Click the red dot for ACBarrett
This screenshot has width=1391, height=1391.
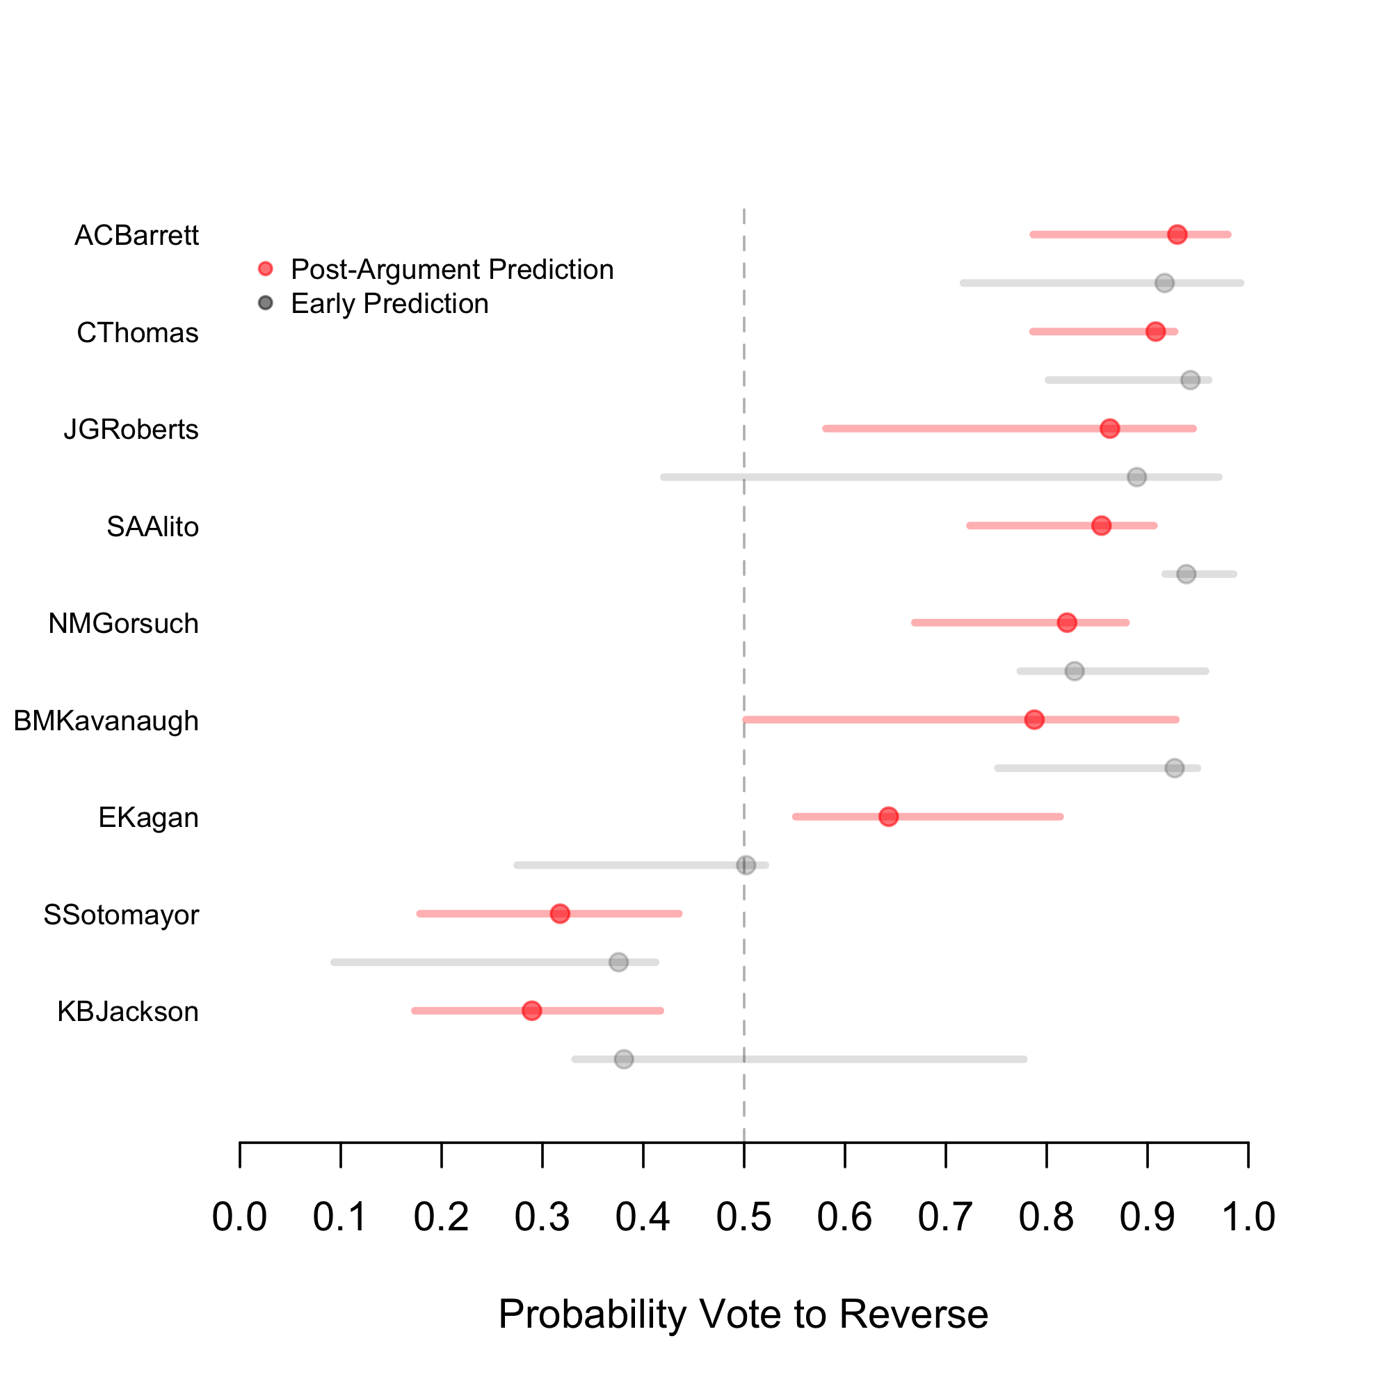1177,234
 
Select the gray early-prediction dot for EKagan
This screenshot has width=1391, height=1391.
746,865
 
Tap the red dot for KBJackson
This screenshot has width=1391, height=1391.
531,1011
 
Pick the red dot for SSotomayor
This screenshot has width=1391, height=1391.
559,914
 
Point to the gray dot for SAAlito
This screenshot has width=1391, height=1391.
1186,574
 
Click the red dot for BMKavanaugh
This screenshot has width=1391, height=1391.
1034,719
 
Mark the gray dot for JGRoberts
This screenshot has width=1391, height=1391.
1137,476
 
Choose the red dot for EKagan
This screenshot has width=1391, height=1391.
888,817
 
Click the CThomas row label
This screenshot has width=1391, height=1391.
138,332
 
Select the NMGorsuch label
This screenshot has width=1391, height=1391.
123,623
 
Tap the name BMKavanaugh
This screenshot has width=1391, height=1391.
106,721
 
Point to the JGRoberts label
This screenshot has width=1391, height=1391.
131,429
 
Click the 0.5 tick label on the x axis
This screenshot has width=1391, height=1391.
743,1216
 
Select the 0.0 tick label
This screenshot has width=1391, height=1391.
240,1216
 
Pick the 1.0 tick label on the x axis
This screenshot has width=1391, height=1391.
1248,1216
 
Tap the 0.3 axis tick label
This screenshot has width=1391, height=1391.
542,1216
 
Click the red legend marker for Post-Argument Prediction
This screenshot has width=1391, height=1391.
266,269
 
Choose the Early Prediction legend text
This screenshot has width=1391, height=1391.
389,304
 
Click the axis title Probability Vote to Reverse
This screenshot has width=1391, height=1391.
743,1314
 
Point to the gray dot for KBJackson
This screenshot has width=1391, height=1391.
623,1059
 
